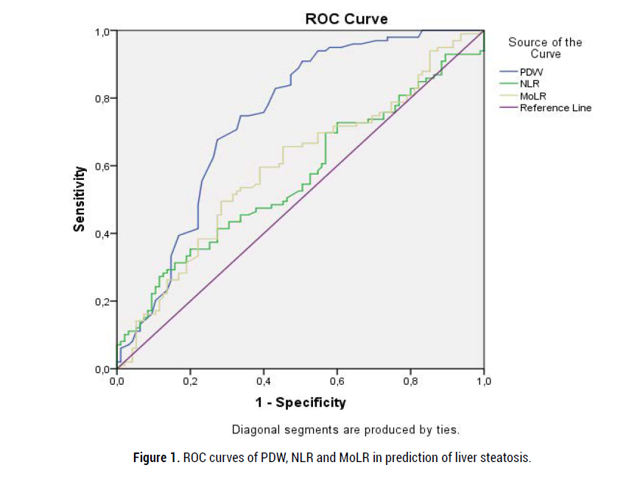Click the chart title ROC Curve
pyautogui.click(x=346, y=18)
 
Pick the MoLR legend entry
pyautogui.click(x=533, y=96)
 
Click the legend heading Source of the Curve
pyautogui.click(x=545, y=48)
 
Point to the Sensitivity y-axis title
pyautogui.click(x=78, y=199)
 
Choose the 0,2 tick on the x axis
pyautogui.click(x=190, y=383)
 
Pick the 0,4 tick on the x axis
pyautogui.click(x=264, y=383)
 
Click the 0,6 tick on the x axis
pyautogui.click(x=337, y=383)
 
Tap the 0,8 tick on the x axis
pyautogui.click(x=411, y=383)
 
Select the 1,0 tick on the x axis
pyautogui.click(x=484, y=383)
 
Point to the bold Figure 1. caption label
pyautogui.click(x=155, y=458)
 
